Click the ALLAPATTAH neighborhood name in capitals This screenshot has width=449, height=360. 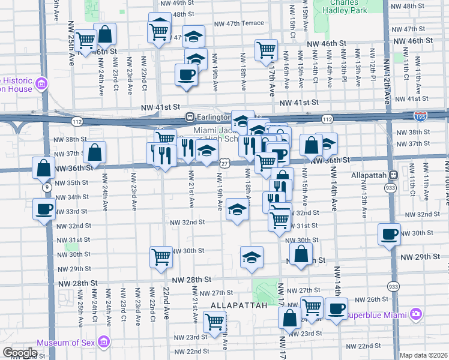[238, 305]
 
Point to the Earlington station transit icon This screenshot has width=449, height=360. [189, 116]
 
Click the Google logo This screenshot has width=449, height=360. [20, 353]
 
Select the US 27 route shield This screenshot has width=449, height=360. [223, 163]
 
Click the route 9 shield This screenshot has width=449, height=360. [46, 187]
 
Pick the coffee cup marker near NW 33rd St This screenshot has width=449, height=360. [44, 209]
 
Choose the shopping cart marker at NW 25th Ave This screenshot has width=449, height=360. [86, 40]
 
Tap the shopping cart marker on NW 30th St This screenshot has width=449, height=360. [161, 256]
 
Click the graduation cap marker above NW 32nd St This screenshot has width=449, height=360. [237, 209]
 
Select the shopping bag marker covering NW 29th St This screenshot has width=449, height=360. [301, 253]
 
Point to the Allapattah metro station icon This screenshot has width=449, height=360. [393, 175]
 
